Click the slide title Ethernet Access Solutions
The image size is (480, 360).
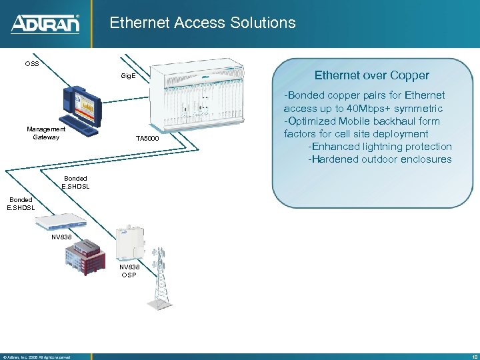[202, 23]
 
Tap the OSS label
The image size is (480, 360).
[31, 64]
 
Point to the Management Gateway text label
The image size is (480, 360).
[46, 133]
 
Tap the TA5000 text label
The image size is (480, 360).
[147, 139]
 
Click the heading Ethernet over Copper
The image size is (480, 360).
[372, 75]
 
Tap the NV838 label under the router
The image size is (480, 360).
[61, 237]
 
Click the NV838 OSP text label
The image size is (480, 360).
[129, 271]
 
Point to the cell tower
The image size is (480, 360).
[161, 277]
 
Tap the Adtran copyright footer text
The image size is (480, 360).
[37, 357]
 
